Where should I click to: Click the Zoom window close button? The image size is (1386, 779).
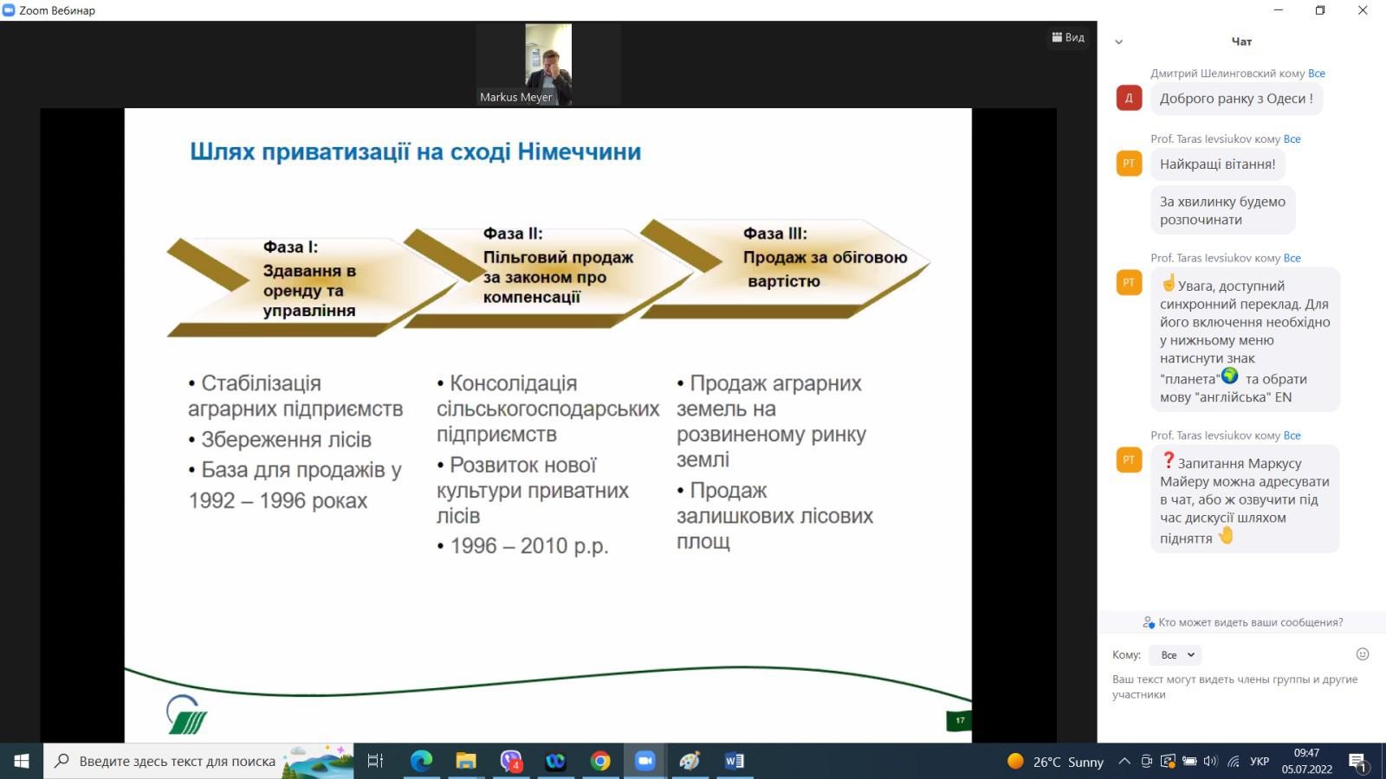pyautogui.click(x=1363, y=10)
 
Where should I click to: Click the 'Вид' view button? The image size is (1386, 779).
pyautogui.click(x=1068, y=37)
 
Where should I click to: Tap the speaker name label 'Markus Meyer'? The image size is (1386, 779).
pyautogui.click(x=515, y=97)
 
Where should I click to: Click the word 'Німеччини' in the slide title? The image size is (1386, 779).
pyautogui.click(x=580, y=151)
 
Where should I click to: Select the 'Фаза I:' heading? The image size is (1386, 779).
pyautogui.click(x=290, y=247)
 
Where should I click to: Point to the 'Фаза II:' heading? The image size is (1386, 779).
pyautogui.click(x=512, y=233)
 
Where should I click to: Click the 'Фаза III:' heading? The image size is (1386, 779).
pyautogui.click(x=774, y=233)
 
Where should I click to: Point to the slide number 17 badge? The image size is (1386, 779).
pyautogui.click(x=959, y=720)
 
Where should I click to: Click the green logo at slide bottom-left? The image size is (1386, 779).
pyautogui.click(x=186, y=715)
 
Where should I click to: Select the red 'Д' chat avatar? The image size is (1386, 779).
pyautogui.click(x=1129, y=98)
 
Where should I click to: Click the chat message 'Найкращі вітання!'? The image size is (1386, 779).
pyautogui.click(x=1217, y=164)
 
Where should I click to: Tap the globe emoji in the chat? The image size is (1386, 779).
pyautogui.click(x=1229, y=376)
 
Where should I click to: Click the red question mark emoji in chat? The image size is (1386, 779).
pyautogui.click(x=1169, y=460)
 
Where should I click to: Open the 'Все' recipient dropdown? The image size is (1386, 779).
pyautogui.click(x=1175, y=654)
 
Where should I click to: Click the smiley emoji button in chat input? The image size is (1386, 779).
pyautogui.click(x=1363, y=654)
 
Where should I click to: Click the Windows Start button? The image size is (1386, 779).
pyautogui.click(x=22, y=761)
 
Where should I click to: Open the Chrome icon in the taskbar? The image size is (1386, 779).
pyautogui.click(x=599, y=761)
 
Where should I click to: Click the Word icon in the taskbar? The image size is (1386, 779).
pyautogui.click(x=734, y=761)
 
